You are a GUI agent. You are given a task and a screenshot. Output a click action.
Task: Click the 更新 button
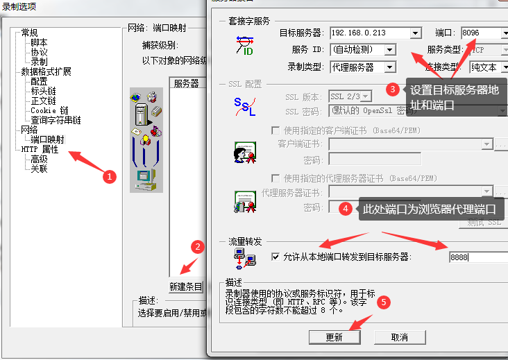334,337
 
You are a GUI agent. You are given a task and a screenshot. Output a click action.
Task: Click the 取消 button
399,337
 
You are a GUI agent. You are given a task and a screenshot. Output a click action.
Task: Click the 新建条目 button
186,286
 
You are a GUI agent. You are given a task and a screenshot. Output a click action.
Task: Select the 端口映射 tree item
47,139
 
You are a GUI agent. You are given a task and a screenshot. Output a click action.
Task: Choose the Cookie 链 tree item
49,110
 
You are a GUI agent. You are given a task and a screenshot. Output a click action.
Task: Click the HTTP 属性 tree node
40,149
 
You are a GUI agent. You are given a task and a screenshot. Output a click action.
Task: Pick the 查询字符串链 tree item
56,120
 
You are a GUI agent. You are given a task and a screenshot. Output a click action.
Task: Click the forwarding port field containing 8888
477,257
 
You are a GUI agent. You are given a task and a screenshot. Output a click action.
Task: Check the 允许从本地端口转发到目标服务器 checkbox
276,257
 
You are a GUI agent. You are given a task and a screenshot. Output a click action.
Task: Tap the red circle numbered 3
392,89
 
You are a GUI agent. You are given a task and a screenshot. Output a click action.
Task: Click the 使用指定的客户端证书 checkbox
276,130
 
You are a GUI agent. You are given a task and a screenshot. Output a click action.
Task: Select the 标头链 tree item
43,91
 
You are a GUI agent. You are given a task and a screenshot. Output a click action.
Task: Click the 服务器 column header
186,83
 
